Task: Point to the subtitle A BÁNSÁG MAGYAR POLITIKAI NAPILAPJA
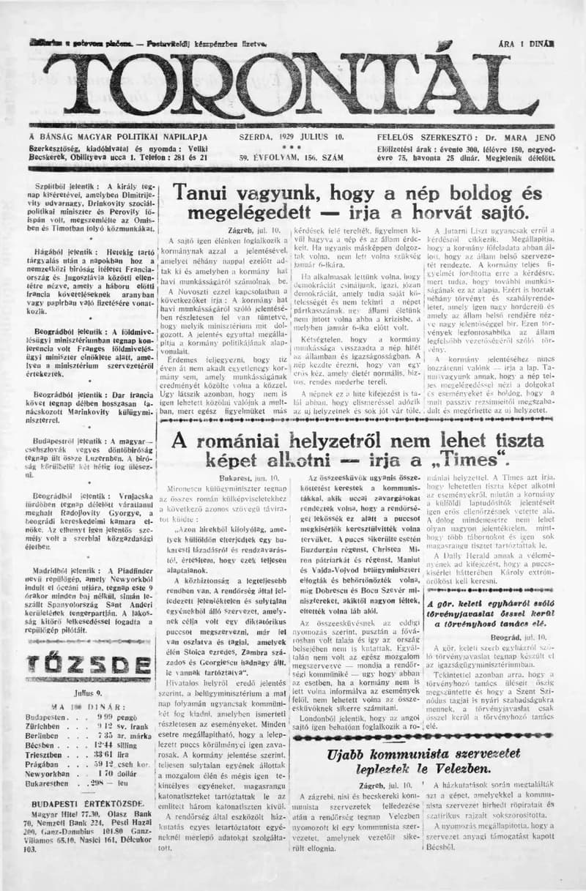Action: pyautogui.click(x=118, y=137)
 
